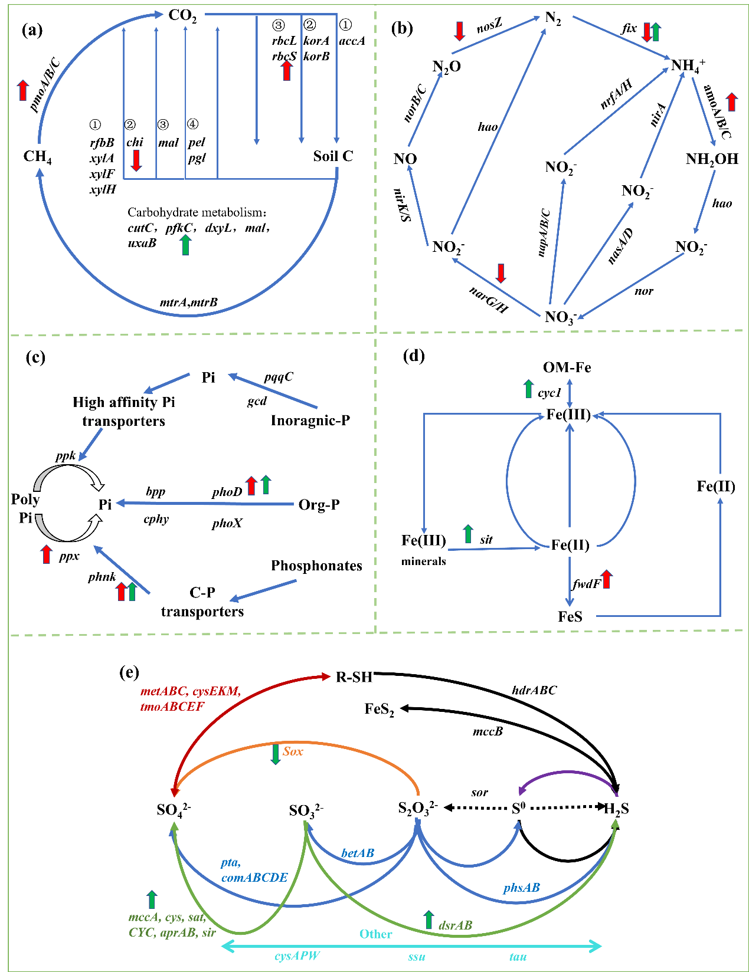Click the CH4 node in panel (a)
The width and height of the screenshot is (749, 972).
37,157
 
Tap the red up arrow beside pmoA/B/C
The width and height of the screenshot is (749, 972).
23,90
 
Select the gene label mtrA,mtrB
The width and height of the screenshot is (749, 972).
188,303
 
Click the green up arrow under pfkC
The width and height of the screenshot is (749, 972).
186,244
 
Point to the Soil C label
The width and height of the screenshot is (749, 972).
333,156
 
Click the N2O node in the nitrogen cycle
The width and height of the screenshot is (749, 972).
446,67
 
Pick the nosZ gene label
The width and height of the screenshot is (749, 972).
489,26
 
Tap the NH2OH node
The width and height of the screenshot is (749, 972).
712,159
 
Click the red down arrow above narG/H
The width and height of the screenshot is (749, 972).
501,273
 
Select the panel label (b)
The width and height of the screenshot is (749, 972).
402,28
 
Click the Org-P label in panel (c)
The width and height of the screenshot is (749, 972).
319,505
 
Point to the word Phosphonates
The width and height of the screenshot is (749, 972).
316,566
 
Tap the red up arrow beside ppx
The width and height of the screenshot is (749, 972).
47,554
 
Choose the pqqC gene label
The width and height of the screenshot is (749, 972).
279,377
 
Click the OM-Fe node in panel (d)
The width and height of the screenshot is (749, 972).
567,367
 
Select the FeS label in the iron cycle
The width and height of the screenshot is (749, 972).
570,617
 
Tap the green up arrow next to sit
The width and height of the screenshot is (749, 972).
468,534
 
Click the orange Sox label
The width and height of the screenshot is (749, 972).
293,751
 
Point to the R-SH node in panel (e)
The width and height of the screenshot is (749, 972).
354,677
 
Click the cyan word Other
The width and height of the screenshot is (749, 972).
375,934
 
